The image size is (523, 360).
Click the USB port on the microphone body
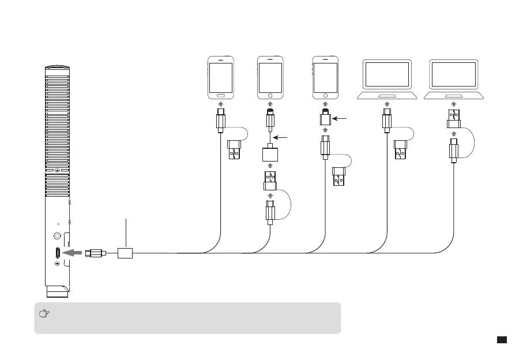[58, 253]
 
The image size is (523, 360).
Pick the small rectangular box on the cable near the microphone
[125, 253]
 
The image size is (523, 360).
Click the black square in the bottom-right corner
[502, 340]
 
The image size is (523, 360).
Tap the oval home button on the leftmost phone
[220, 94]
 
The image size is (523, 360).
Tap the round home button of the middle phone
[270, 94]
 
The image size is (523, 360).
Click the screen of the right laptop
[454, 74]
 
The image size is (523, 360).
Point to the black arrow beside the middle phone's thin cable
[281, 138]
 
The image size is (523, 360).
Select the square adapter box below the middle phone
[270, 154]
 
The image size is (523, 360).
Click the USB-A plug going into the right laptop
[454, 118]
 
